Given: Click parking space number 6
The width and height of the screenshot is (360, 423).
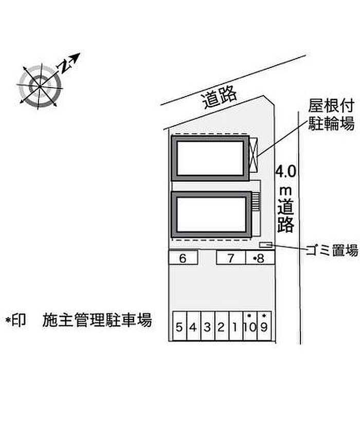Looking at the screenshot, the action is [183, 258].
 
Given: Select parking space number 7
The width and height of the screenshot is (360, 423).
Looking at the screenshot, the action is [231, 258].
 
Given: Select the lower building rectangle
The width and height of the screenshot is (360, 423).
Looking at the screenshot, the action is [210, 214].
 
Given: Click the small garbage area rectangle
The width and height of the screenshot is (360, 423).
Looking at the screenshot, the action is [265, 244].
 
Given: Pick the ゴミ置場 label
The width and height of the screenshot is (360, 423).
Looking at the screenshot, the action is [331, 251].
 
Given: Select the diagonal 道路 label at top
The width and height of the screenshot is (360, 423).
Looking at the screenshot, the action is [220, 97].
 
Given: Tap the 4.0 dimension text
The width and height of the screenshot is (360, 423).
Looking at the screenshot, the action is [286, 171].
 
